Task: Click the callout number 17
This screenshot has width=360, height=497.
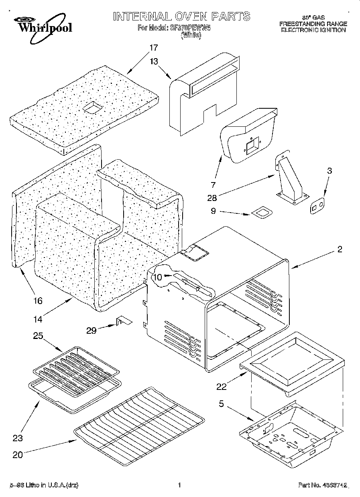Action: (153, 47)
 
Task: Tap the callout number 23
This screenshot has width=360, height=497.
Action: (18, 438)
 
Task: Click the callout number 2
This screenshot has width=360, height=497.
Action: (340, 250)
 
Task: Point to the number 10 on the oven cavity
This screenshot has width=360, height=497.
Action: (157, 277)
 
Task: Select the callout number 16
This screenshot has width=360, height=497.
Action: (38, 301)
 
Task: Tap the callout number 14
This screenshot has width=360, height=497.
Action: (38, 319)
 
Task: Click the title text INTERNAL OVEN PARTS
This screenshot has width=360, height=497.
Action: (181, 16)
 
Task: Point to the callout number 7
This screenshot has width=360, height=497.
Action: (213, 185)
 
